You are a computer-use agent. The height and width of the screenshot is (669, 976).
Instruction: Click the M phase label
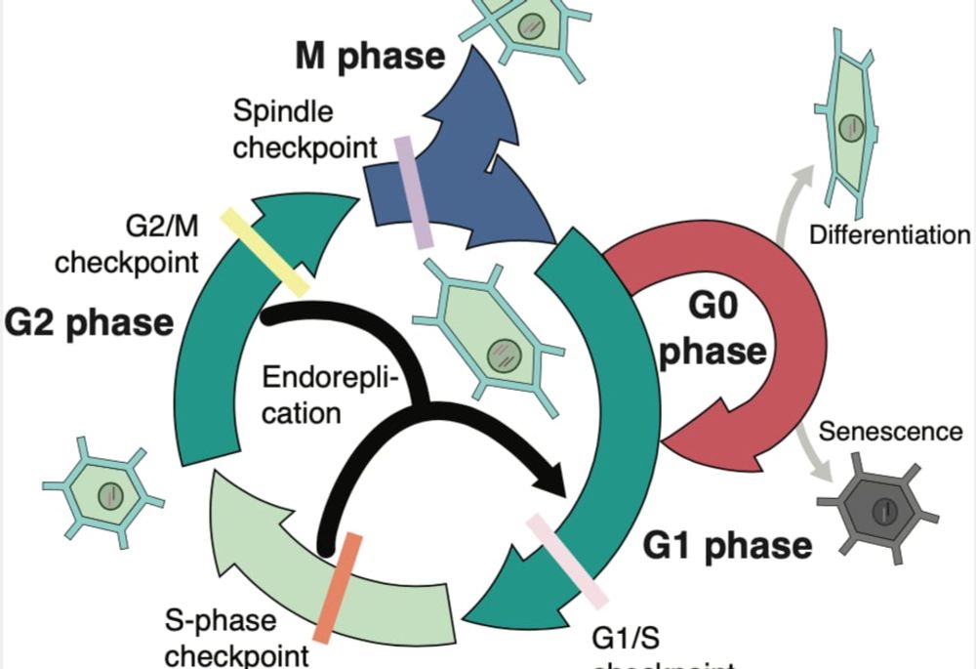(x=370, y=58)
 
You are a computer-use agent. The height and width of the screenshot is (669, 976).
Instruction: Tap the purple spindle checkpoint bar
(x=413, y=191)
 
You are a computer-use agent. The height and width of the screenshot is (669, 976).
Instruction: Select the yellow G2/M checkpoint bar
(x=264, y=251)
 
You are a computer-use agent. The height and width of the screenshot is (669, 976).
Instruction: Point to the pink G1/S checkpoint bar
(x=567, y=560)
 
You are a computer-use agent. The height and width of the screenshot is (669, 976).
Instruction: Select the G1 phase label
(x=728, y=545)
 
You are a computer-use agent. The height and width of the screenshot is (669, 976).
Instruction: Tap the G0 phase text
(x=712, y=333)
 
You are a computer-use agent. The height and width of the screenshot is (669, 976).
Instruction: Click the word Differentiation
(x=889, y=234)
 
